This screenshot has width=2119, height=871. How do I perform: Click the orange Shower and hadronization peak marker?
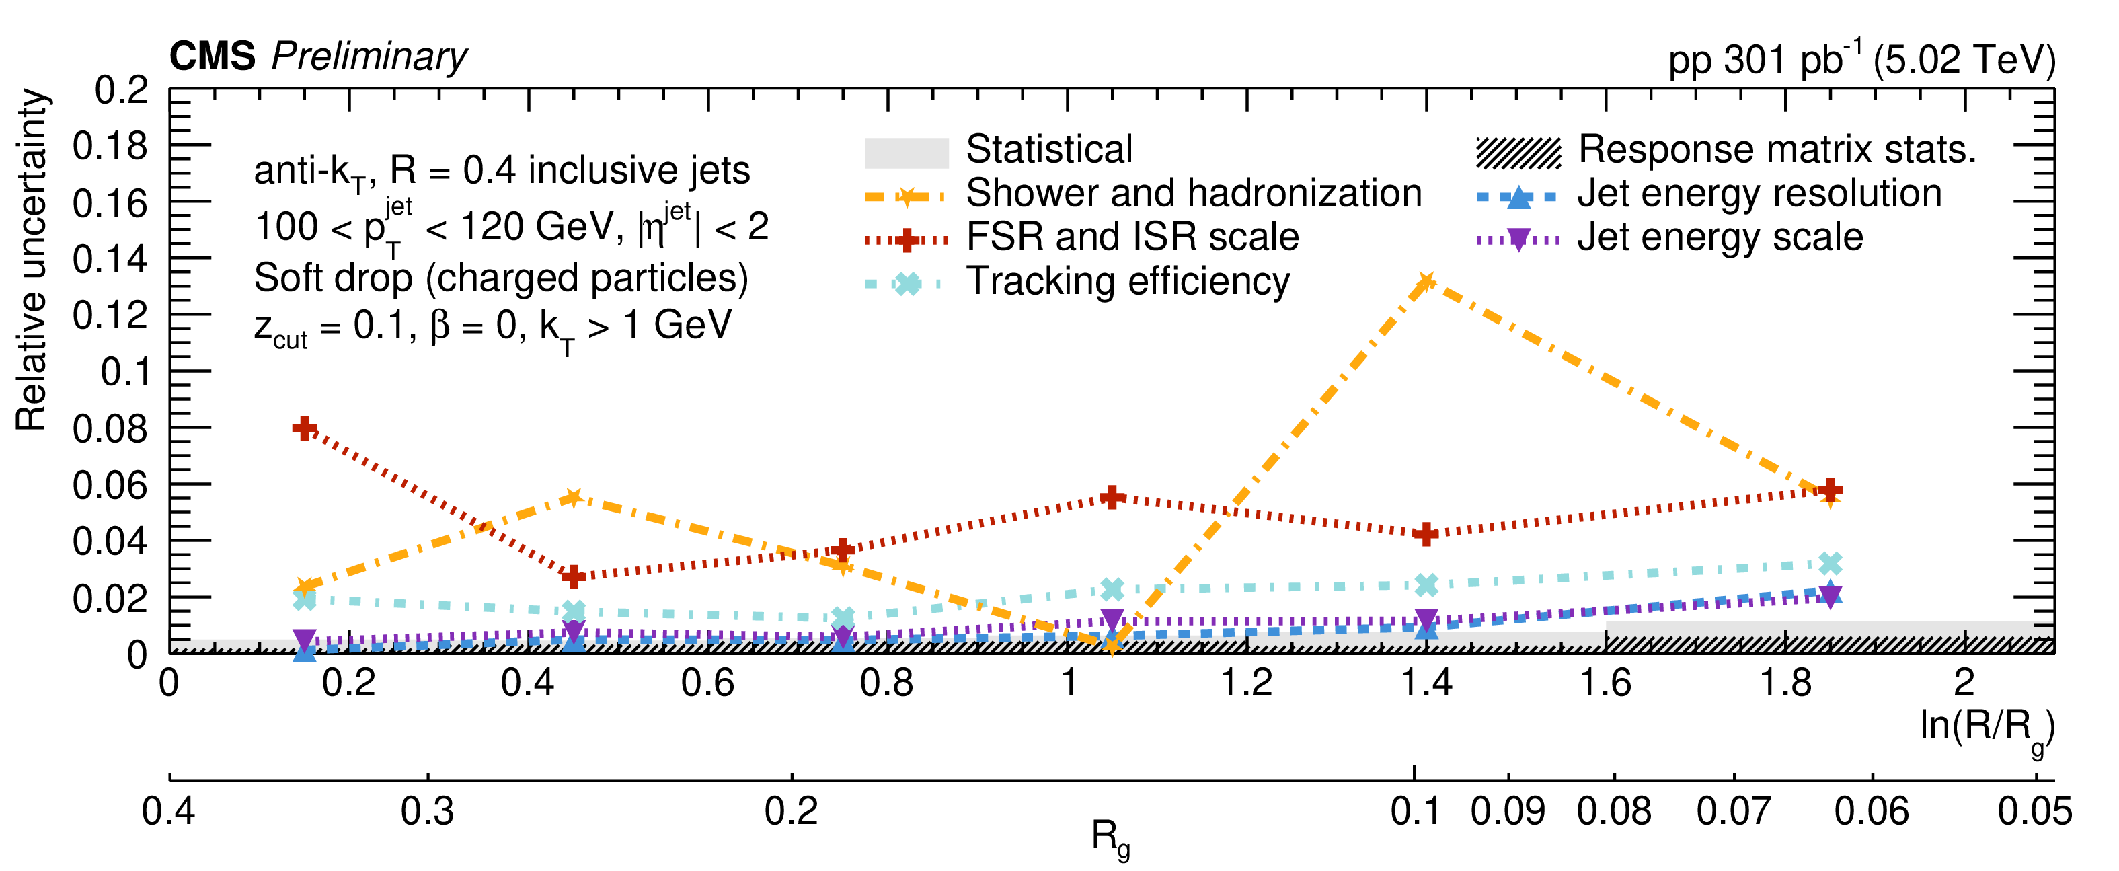(x=1426, y=282)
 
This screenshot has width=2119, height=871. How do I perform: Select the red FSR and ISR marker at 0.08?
(x=305, y=428)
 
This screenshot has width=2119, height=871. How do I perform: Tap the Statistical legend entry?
(x=1049, y=150)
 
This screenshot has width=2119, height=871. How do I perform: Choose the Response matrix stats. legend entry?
(x=1777, y=150)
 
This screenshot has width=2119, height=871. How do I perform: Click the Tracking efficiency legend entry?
(x=1127, y=281)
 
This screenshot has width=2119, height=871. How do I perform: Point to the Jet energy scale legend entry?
(x=1720, y=237)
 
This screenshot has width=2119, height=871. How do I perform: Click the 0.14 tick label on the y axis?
(x=110, y=259)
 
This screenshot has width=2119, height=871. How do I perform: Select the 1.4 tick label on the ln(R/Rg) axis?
(x=1426, y=683)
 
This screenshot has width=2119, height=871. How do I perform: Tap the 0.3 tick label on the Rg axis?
(x=427, y=811)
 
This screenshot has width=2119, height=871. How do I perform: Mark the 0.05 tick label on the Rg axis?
(x=2034, y=811)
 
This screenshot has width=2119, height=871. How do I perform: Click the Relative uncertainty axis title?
(x=31, y=259)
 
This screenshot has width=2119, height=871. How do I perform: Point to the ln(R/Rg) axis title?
(x=1987, y=728)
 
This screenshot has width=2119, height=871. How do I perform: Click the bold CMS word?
(x=213, y=56)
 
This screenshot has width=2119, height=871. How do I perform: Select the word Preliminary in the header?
(x=369, y=56)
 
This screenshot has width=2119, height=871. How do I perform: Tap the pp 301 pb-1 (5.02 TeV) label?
(x=1861, y=59)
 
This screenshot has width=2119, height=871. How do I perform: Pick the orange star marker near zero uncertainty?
(x=1112, y=645)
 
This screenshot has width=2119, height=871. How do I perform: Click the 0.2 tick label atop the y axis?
(x=121, y=91)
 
